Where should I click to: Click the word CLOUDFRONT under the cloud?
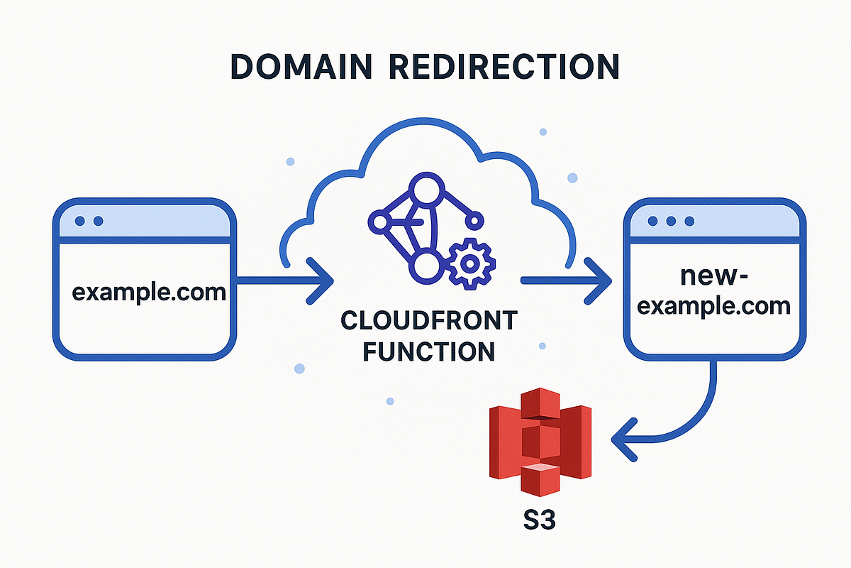coord(428,321)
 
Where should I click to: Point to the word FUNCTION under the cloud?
coord(428,351)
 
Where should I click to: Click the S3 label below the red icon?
coord(536,521)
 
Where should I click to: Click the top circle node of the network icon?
coord(424,190)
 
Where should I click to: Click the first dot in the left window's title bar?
coord(80,222)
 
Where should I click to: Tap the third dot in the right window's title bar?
coord(686,222)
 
